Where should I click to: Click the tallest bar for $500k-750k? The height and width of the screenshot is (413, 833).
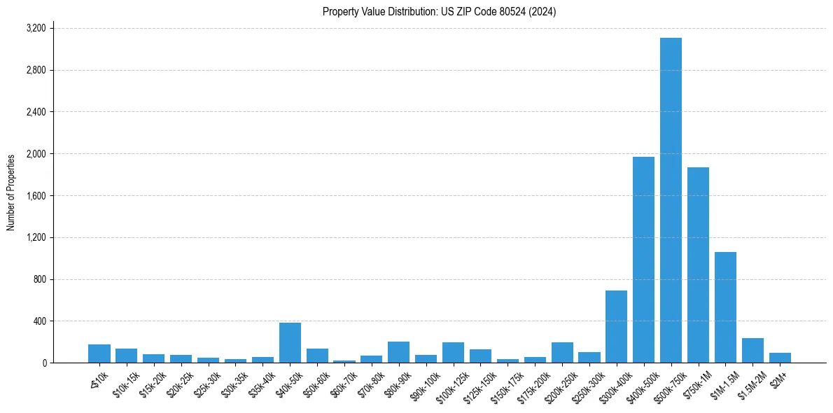671,200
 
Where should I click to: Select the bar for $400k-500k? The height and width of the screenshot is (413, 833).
643,260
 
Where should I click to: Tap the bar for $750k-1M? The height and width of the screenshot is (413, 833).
698,265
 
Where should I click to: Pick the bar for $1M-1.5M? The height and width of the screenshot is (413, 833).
725,307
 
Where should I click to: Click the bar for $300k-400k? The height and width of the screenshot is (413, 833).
616,327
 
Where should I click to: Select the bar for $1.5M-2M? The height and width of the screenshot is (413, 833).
752,351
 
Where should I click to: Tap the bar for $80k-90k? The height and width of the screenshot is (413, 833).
398,352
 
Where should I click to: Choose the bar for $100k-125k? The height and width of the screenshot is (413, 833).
453,353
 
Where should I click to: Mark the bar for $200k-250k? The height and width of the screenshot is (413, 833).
562,353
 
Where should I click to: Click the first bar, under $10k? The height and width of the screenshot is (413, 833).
99,353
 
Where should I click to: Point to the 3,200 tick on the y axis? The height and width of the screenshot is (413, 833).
36,28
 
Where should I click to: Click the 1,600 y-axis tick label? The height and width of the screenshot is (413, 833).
36,196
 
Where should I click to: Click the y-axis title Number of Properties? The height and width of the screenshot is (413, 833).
11,192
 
